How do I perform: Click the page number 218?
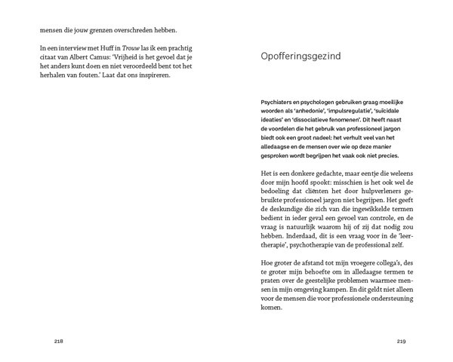(59, 341)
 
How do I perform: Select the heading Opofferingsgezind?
(302, 57)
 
